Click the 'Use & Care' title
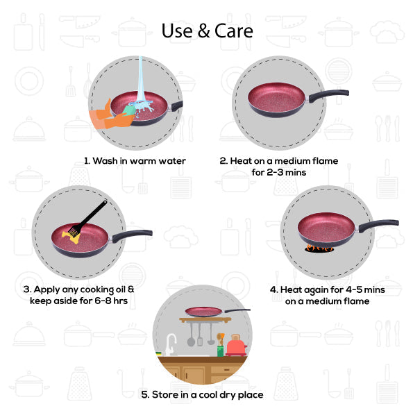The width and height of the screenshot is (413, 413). point(208,31)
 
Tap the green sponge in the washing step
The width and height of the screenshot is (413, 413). point(129,110)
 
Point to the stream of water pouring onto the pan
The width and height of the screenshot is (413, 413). point(142,78)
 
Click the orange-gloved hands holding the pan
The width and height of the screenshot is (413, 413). point(110,117)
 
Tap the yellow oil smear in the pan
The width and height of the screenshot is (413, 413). point(71,237)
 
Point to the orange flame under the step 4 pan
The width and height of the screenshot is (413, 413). point(319,248)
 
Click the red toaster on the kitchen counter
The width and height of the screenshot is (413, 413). point(236,345)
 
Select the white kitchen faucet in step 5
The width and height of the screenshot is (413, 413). point(171,344)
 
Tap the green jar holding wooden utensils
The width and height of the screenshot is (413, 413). point(221,351)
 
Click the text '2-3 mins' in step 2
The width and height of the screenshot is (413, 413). point(286,172)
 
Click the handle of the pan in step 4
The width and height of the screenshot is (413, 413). point(378,226)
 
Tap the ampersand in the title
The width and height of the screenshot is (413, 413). point(203,31)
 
